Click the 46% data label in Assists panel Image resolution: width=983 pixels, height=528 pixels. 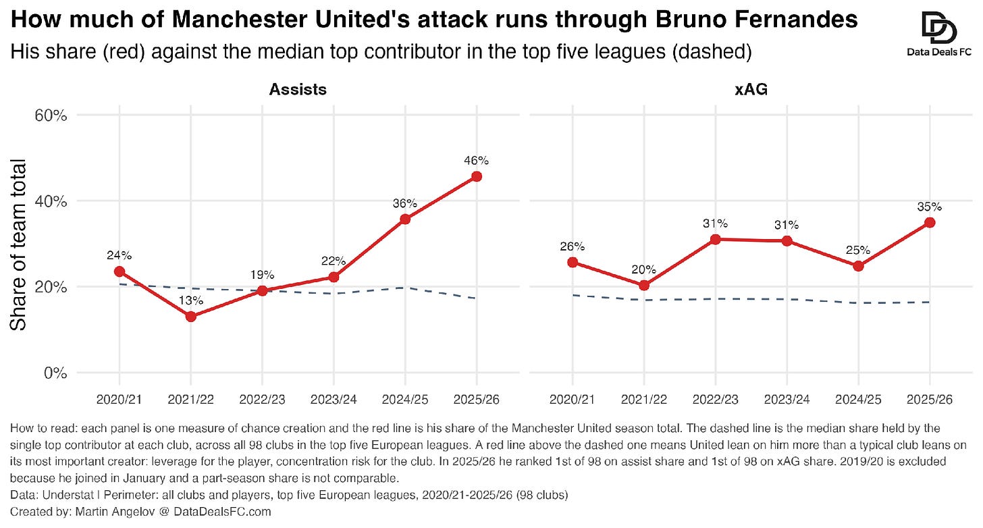[x=476, y=161]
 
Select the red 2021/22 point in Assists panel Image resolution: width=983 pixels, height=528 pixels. [x=191, y=317]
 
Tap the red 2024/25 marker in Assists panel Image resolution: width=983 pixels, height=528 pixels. [x=405, y=219]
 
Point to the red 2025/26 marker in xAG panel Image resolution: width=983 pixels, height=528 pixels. [x=930, y=223]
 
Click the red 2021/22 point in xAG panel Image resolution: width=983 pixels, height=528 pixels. [x=644, y=286]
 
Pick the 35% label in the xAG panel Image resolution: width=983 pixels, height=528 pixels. [x=930, y=207]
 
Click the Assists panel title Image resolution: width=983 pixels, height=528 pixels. [x=298, y=90]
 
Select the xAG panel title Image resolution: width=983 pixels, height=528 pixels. [x=751, y=90]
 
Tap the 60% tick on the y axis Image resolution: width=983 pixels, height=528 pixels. [x=51, y=115]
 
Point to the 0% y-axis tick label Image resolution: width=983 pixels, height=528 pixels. [x=56, y=373]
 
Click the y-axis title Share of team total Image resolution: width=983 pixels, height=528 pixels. [x=18, y=245]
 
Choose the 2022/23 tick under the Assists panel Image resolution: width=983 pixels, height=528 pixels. [x=262, y=400]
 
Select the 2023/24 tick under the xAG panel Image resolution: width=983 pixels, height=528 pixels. [x=787, y=400]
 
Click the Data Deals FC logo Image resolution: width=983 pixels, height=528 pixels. [x=939, y=34]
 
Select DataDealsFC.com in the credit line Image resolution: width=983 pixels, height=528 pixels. [x=222, y=512]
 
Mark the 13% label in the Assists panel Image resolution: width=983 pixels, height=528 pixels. [x=191, y=300]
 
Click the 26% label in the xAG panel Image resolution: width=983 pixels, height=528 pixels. [x=573, y=246]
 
